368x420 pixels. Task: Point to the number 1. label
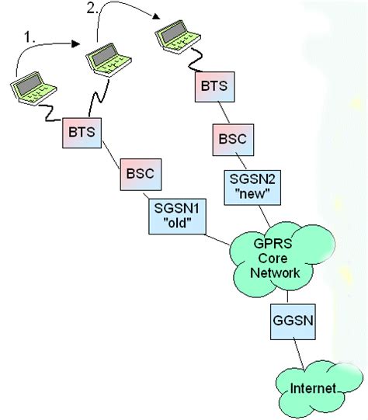pyautogui.click(x=30, y=36)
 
